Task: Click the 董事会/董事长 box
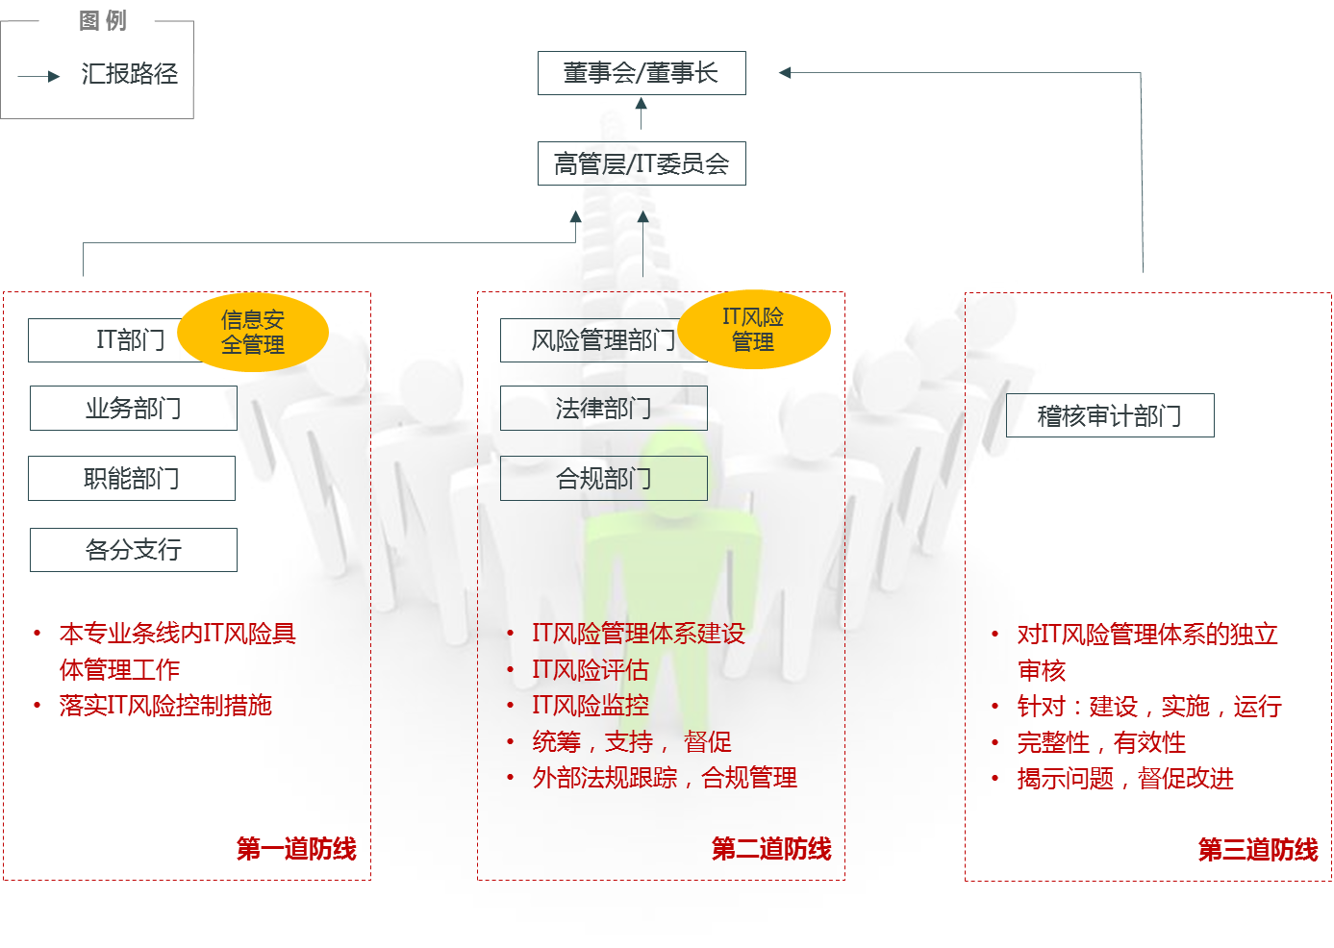pos(642,73)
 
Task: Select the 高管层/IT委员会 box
pos(642,163)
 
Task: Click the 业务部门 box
pos(133,408)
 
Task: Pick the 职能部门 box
pos(131,478)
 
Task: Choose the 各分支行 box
pos(133,550)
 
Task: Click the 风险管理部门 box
pos(591,340)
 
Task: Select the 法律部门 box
pos(603,408)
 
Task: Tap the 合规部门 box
pos(603,478)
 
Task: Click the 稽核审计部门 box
pos(1109,415)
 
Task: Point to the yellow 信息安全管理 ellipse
pos(253,332)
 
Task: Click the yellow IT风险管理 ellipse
pos(753,329)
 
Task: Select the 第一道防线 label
pos(296,848)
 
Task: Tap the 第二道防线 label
pos(771,848)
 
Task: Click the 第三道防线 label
pos(1258,849)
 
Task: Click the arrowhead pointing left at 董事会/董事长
pos(785,72)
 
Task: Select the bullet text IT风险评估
pos(590,669)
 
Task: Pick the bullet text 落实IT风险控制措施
pos(165,705)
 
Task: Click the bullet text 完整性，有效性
pos(1101,742)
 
